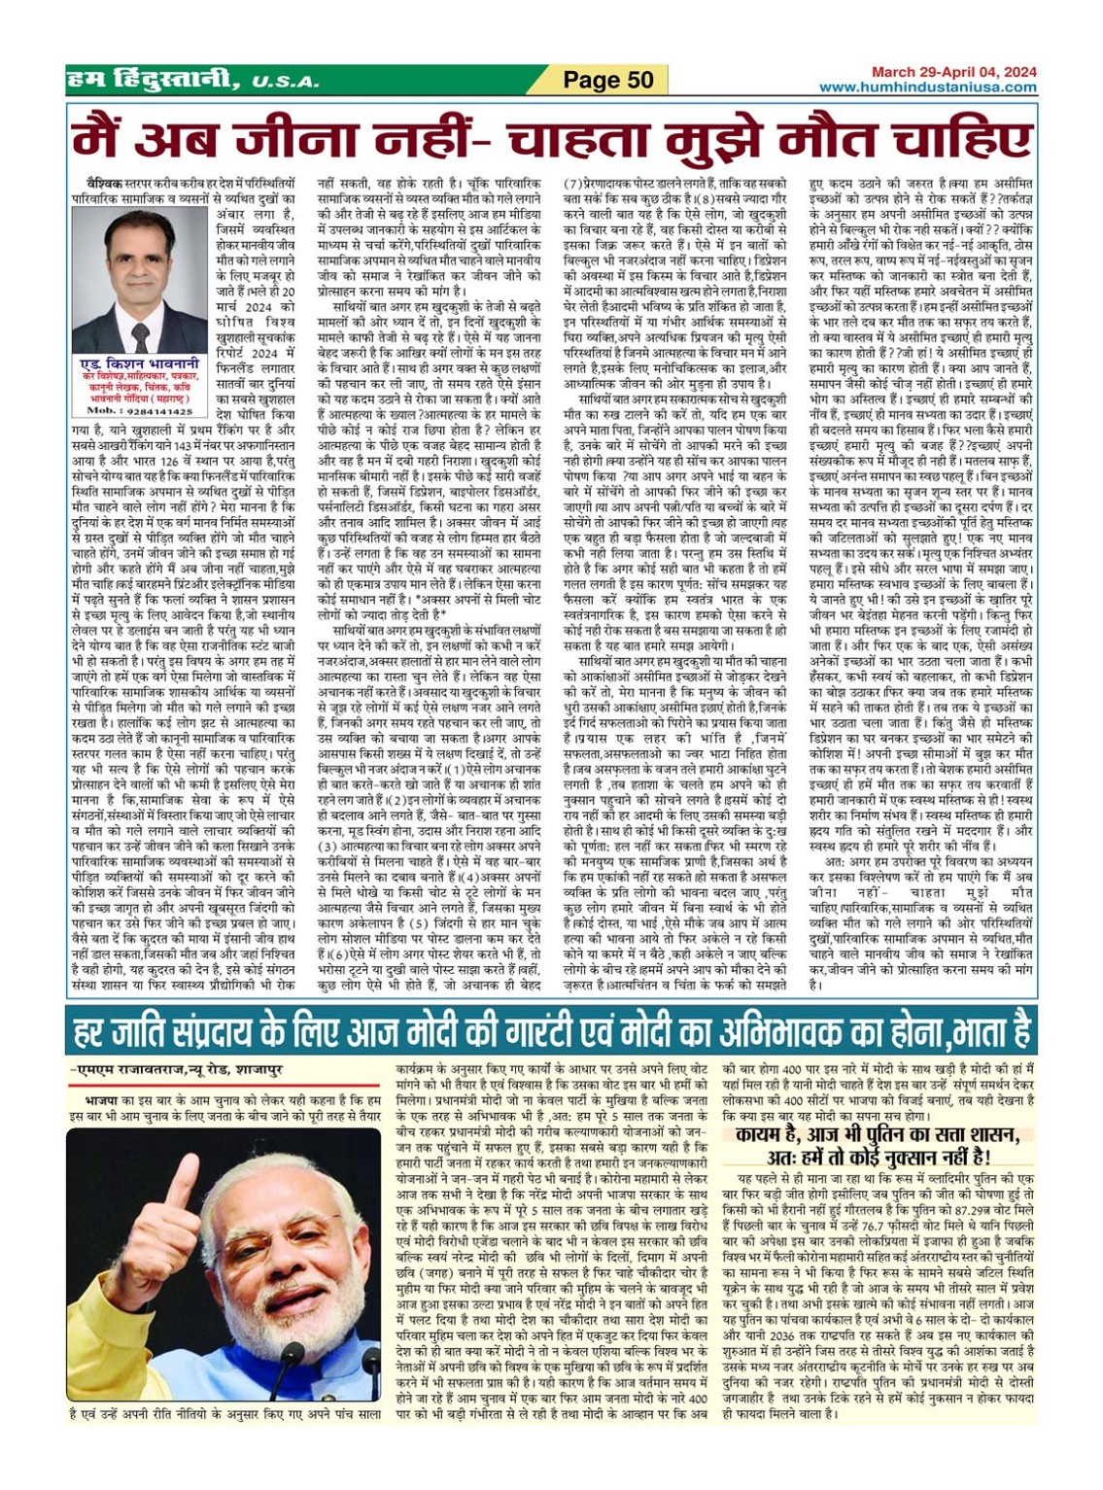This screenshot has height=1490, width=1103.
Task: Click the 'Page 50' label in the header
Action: click(608, 80)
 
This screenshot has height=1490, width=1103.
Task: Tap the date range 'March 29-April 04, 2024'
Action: click(953, 72)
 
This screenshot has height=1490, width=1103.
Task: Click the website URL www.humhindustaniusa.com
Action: click(927, 87)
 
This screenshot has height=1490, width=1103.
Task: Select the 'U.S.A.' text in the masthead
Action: click(285, 82)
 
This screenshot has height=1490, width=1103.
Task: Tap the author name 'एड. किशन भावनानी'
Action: click(140, 363)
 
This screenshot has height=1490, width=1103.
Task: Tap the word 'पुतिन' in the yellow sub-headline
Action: click(888, 1136)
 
